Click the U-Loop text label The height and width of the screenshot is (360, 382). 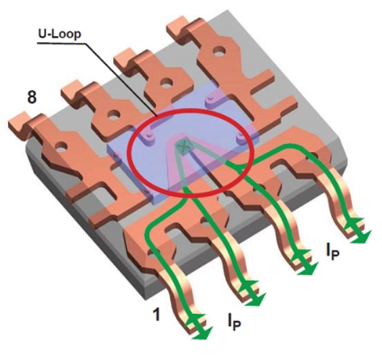tap(60, 35)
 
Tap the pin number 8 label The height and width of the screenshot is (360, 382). tap(32, 97)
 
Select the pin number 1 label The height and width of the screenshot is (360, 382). tap(156, 314)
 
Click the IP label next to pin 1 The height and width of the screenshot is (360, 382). tap(234, 322)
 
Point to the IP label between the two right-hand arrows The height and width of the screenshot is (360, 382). tap(332, 252)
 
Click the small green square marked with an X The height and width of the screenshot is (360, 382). tap(184, 146)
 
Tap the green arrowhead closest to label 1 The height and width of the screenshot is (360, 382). tap(200, 328)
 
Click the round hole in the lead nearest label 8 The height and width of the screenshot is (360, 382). tap(62, 147)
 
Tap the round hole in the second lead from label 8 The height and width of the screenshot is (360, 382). tap(114, 114)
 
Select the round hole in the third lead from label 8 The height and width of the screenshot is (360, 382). tap(167, 83)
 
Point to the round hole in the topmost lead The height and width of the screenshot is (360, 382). tap(220, 51)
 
